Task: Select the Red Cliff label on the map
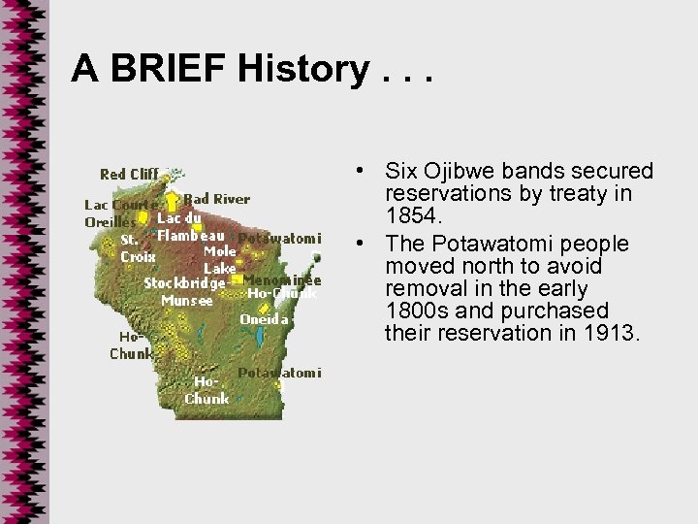point(129,175)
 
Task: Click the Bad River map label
point(216,199)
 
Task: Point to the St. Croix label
point(138,248)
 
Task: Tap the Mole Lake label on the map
point(219,259)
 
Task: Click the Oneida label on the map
point(264,319)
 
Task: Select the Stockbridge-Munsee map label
point(184,291)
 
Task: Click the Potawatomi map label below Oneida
point(280,373)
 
